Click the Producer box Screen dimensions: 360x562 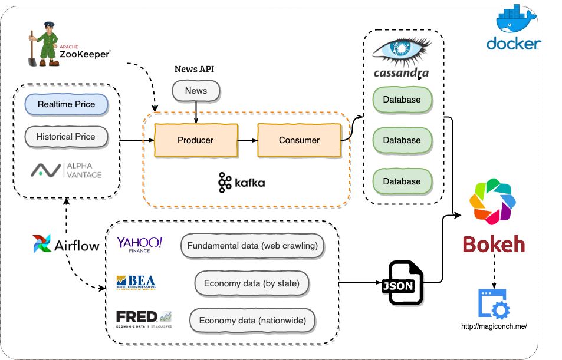pyautogui.click(x=196, y=140)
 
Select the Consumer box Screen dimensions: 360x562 pyautogui.click(x=299, y=140)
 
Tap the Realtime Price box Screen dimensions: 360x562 pyautogui.click(x=66, y=104)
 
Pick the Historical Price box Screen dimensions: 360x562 pyautogui.click(x=66, y=137)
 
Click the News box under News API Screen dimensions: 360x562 pyautogui.click(x=196, y=91)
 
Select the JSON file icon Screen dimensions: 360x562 pyautogui.click(x=406, y=283)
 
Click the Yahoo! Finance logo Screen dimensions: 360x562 pyautogui.click(x=139, y=244)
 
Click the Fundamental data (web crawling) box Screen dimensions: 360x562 pyautogui.click(x=252, y=246)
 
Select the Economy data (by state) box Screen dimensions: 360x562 pyautogui.click(x=252, y=283)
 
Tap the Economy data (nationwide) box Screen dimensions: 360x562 pyautogui.click(x=252, y=321)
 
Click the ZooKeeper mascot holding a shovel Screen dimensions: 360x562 pyautogui.click(x=43, y=44)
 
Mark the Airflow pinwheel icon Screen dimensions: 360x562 pyautogui.click(x=42, y=244)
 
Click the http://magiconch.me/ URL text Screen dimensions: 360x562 pyautogui.click(x=494, y=326)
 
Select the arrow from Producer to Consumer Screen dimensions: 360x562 pyautogui.click(x=248, y=140)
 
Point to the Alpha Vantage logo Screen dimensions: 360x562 pyautogui.click(x=66, y=170)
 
